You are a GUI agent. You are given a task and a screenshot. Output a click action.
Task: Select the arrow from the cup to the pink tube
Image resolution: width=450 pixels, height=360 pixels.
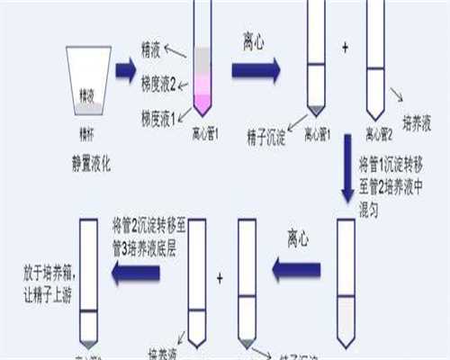[x=125, y=69]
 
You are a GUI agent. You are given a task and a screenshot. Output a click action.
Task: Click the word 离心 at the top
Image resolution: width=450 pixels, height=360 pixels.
[x=255, y=41]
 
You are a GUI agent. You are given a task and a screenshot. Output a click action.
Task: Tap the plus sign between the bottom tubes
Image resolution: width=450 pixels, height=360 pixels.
[x=220, y=279]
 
